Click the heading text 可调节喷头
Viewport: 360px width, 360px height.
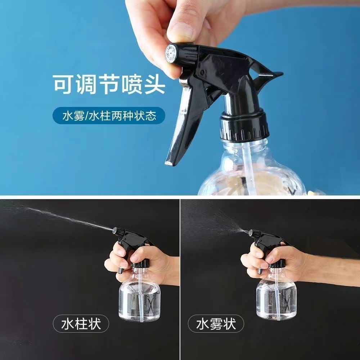pos(109,84)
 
